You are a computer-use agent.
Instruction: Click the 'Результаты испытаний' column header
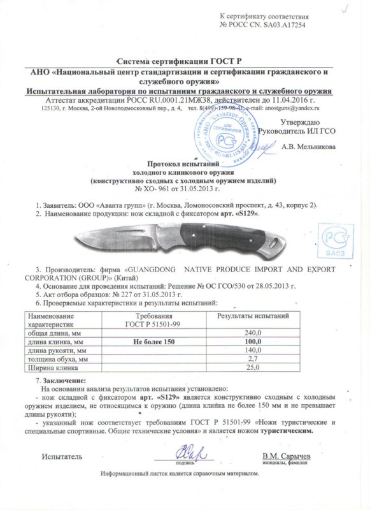[254, 317]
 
